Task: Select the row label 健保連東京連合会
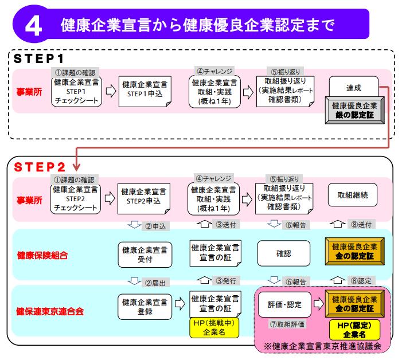[x=49, y=311]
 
